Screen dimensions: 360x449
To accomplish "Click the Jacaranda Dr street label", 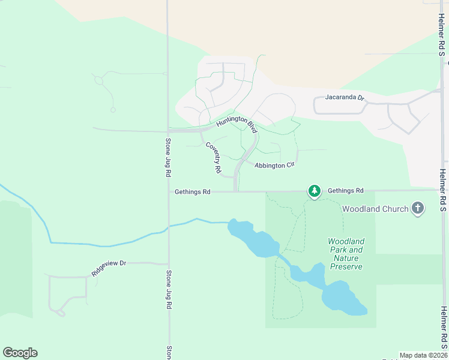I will coord(345,97).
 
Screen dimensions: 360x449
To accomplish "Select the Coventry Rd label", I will coord(213,158).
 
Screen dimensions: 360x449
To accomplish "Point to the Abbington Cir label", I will coord(275,165).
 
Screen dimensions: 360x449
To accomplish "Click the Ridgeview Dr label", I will coord(109,268).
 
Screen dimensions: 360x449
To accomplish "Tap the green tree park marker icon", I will coord(314,191).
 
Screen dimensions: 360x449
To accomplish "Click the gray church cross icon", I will coord(418,209).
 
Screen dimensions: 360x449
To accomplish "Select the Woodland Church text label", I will coord(375,209).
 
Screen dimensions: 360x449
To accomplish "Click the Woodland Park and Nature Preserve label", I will coord(346,254).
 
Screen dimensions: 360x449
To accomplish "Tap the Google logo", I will coord(20,353).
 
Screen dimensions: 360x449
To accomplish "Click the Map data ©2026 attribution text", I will coord(424,355).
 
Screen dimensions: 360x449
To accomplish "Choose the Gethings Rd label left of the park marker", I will coord(192,192).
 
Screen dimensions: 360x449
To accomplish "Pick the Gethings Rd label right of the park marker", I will coord(346,190).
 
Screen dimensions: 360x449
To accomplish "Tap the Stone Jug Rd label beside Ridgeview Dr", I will coord(169,289).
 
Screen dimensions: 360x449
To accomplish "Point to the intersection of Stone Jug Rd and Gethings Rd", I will coord(169,192).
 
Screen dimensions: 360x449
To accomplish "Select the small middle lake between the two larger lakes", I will coord(307,274).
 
